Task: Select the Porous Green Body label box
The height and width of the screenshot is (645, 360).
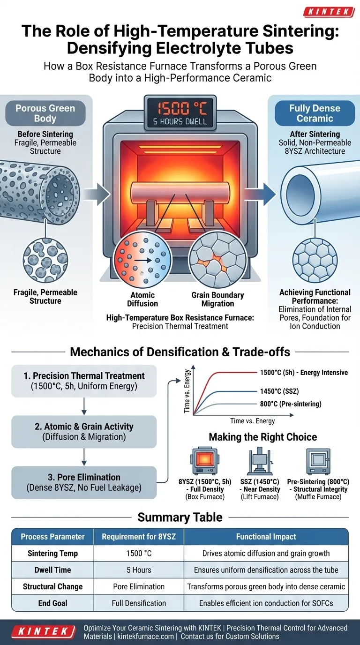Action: click(x=45, y=113)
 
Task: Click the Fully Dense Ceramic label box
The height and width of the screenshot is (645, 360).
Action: click(x=315, y=113)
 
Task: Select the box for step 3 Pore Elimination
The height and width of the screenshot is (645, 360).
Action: click(x=83, y=482)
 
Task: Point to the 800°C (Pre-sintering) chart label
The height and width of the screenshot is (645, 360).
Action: click(x=291, y=404)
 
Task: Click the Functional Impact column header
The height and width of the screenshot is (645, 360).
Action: click(x=266, y=537)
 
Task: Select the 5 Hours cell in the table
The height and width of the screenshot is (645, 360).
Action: click(x=139, y=570)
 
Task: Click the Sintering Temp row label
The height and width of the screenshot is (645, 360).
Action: click(x=52, y=554)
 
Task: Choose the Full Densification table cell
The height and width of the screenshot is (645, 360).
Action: click(x=139, y=603)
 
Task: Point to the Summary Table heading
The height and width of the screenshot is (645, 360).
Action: click(x=180, y=517)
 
